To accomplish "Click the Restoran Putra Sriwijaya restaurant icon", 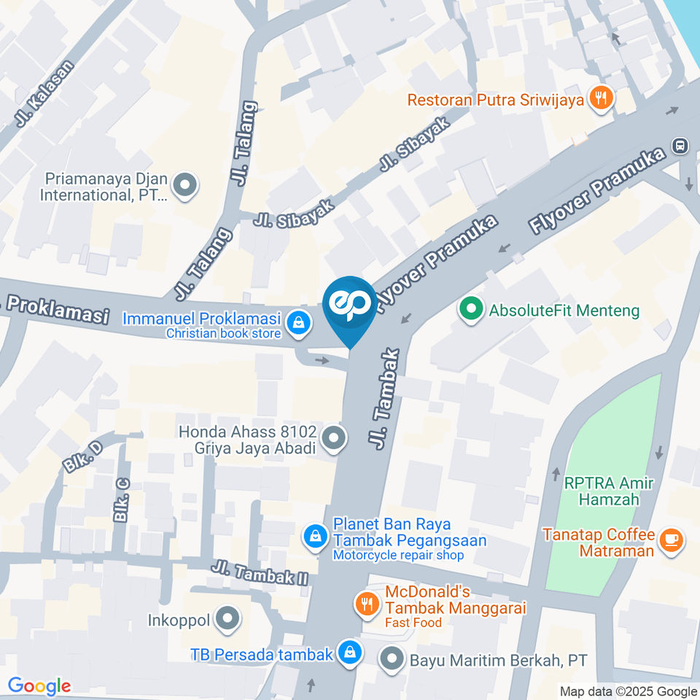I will click(601, 98).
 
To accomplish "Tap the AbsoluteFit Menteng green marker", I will click(471, 310).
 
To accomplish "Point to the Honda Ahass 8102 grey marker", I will click(334, 439).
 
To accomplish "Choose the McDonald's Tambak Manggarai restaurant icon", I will click(366, 603).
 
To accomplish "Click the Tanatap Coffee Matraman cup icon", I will click(669, 540).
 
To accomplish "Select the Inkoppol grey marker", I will click(229, 620).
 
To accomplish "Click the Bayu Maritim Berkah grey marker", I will click(393, 660).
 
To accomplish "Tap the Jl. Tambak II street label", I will click(260, 572).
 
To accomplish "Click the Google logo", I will click(39, 685).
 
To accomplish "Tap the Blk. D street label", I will click(82, 456).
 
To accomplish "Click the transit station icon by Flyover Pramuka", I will click(680, 145).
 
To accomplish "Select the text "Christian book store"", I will click(223, 333).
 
